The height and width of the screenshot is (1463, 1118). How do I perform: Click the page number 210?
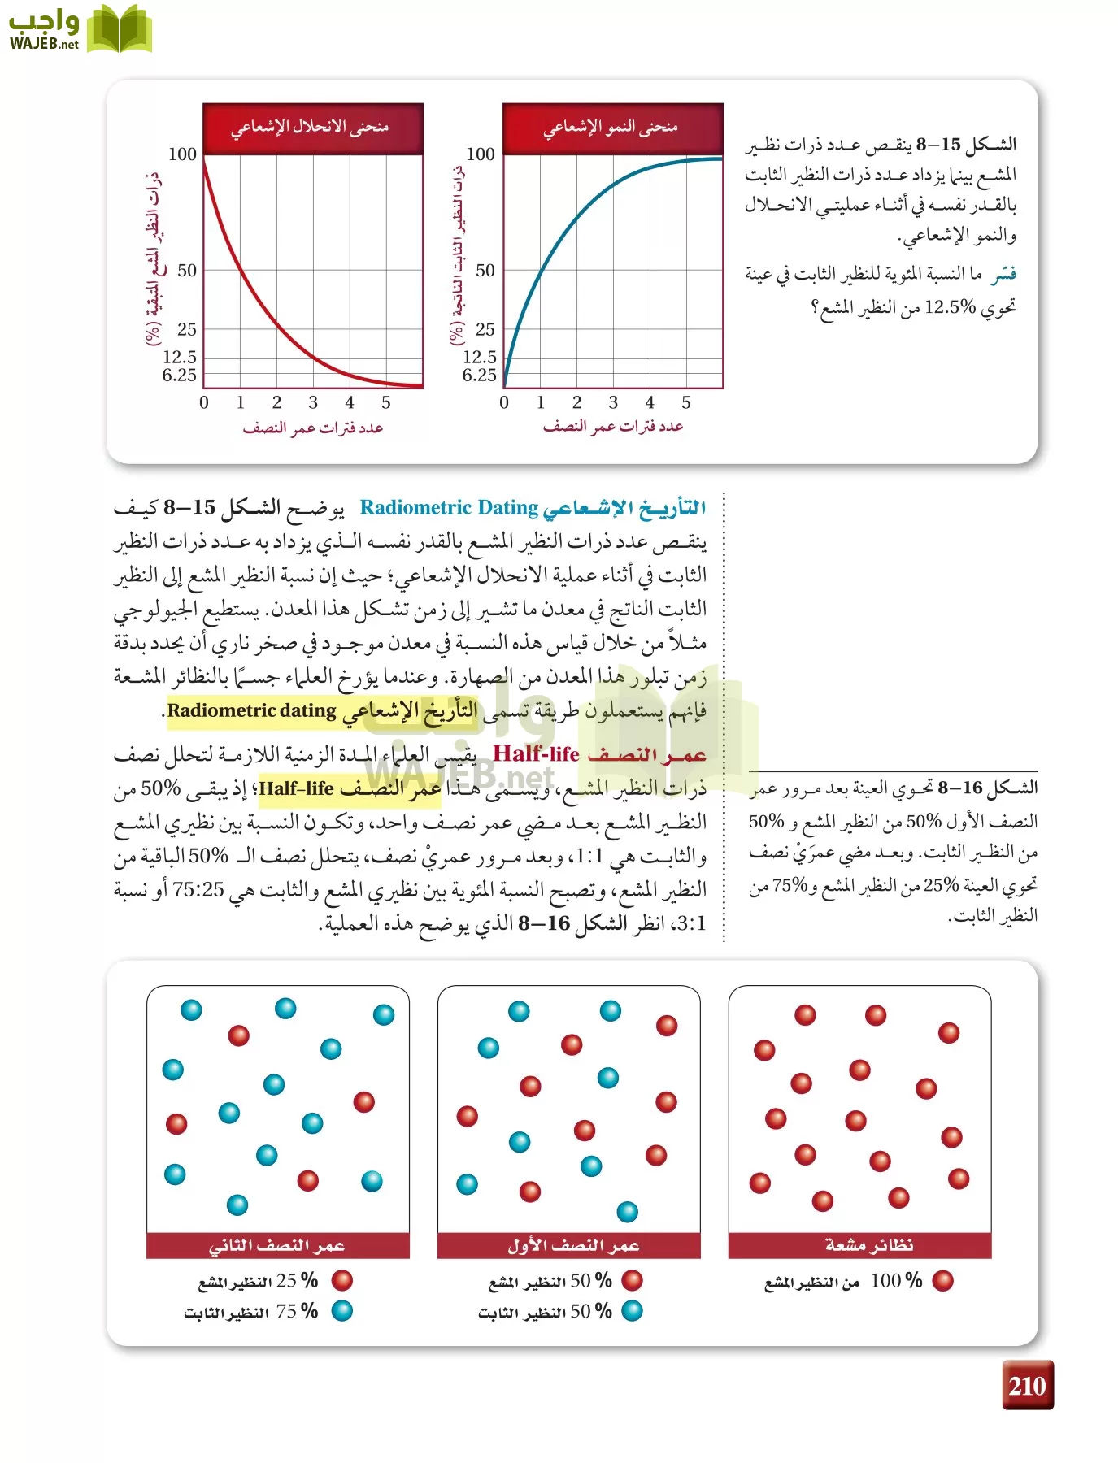(1027, 1385)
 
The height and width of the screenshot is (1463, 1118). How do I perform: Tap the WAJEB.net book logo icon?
(120, 29)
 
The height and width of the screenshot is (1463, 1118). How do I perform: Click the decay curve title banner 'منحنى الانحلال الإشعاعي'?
(313, 128)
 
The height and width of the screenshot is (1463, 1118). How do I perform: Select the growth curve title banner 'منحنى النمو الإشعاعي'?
(612, 128)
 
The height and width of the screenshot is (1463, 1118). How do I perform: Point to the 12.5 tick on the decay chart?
(180, 357)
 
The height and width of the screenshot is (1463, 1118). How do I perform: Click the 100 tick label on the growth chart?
(481, 154)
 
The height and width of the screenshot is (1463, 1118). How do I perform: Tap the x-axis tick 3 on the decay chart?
(313, 402)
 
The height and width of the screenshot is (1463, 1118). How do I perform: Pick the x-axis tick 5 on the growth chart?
(686, 402)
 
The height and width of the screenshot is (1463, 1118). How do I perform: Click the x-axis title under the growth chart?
(612, 427)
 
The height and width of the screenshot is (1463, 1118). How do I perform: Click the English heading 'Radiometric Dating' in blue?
(449, 508)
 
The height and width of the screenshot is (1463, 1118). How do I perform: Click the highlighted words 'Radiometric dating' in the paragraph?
(252, 711)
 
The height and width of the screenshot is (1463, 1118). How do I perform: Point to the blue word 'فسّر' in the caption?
(1003, 275)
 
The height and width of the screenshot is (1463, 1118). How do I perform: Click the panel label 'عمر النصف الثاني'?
(277, 1245)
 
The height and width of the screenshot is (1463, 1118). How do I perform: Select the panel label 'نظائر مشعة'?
(869, 1245)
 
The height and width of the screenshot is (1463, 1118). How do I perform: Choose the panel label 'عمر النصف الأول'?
(573, 1245)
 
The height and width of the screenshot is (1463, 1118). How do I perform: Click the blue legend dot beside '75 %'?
(342, 1311)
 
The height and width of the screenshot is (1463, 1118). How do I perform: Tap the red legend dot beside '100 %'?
(942, 1281)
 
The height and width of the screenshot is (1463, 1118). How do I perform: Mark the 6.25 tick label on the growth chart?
(479, 376)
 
